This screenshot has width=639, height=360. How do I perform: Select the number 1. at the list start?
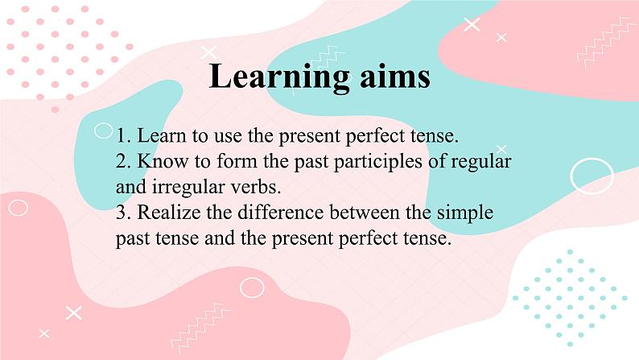click(x=123, y=134)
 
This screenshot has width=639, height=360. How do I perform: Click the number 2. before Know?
click(x=124, y=161)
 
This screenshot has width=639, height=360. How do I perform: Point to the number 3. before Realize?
click(x=124, y=213)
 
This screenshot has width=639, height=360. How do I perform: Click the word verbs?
click(x=235, y=187)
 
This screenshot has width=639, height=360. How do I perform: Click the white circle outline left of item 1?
click(x=103, y=130)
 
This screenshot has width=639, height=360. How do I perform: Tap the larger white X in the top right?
click(x=472, y=25)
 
